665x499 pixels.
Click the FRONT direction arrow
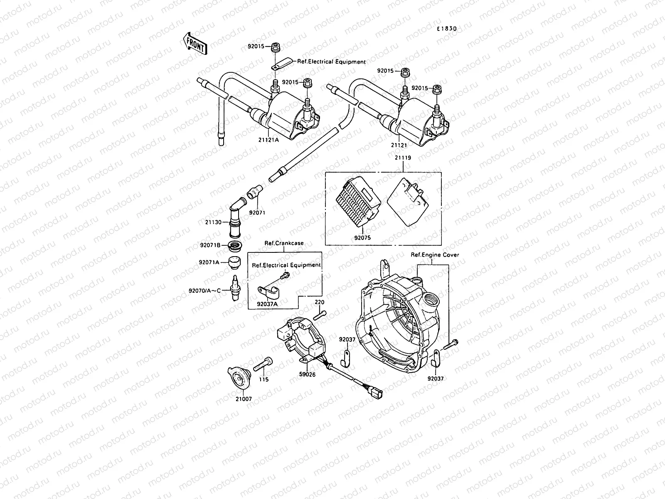[x=195, y=43]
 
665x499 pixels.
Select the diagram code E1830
[x=446, y=29]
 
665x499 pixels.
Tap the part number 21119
[x=402, y=158]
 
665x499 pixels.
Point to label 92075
[x=362, y=238]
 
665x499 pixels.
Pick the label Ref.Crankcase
[x=284, y=243]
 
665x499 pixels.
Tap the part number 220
[x=319, y=302]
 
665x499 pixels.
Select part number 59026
[x=307, y=374]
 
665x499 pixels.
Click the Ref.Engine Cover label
[x=435, y=255]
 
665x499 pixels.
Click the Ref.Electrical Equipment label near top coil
[x=331, y=62]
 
